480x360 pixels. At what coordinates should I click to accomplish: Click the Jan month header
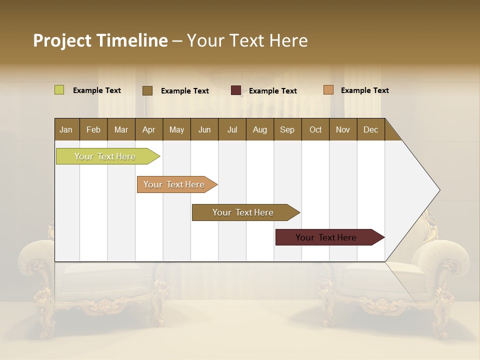[x=66, y=129]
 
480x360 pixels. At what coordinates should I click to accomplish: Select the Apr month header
[x=148, y=129]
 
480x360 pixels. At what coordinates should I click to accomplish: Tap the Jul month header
[x=232, y=129]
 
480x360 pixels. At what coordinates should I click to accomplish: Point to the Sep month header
[x=287, y=129]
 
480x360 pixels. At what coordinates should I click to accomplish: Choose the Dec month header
[x=370, y=129]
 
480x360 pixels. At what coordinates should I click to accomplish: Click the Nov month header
[x=342, y=129]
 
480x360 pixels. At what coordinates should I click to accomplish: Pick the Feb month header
[x=93, y=129]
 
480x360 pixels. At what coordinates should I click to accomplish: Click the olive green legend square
[x=59, y=90]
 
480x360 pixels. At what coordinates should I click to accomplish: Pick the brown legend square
[x=147, y=90]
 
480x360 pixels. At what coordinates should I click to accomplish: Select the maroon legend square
[x=236, y=90]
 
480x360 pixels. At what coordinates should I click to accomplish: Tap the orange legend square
[x=328, y=90]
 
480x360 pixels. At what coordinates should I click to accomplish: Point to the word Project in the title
[x=61, y=40]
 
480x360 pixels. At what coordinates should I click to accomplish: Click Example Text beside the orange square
[x=364, y=90]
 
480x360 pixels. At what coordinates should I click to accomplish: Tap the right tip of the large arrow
[x=438, y=190]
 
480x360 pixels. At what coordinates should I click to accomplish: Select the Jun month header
[x=204, y=129]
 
